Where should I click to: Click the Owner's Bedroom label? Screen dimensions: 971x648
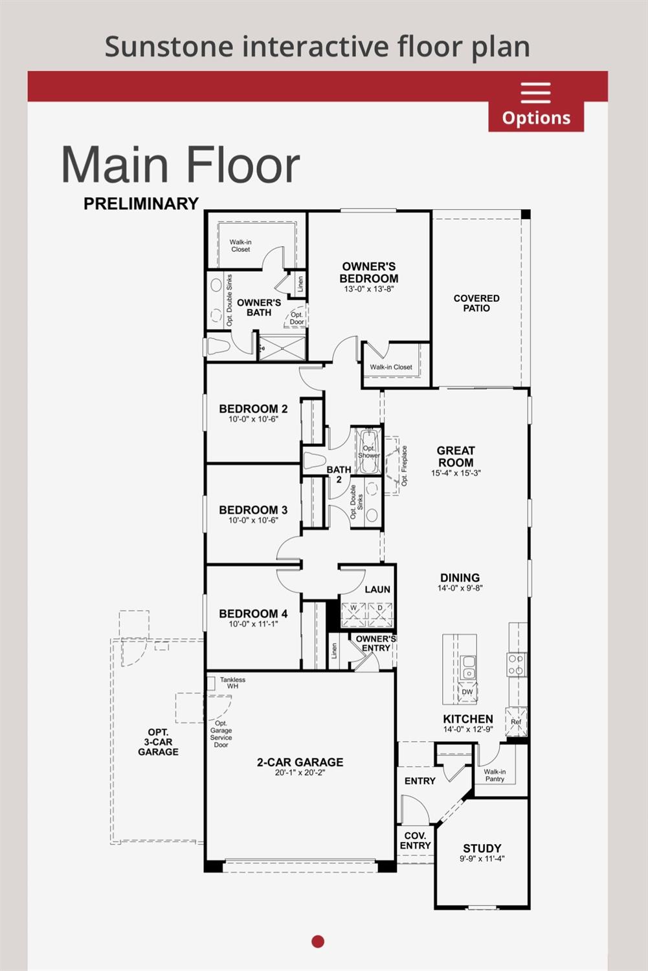368,273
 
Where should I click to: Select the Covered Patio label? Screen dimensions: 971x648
476,303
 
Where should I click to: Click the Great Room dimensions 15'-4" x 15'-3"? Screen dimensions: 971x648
456,474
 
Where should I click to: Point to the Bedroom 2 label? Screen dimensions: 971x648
253,409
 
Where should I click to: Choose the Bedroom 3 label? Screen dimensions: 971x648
253,510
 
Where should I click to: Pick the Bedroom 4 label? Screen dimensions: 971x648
253,613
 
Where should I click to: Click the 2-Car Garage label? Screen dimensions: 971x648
300,762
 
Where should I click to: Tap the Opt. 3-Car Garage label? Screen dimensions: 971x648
158,742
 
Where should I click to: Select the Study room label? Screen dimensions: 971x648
482,848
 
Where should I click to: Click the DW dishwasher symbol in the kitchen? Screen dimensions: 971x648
467,692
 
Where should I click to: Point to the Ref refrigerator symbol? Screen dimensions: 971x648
516,722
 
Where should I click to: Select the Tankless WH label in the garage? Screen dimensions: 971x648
232,683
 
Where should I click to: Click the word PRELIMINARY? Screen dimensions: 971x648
141,203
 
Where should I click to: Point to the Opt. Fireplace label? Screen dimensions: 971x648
405,466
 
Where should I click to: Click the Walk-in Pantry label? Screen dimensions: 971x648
495,775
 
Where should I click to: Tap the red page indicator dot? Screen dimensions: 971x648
318,941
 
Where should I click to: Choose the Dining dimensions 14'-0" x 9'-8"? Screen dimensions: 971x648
460,589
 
